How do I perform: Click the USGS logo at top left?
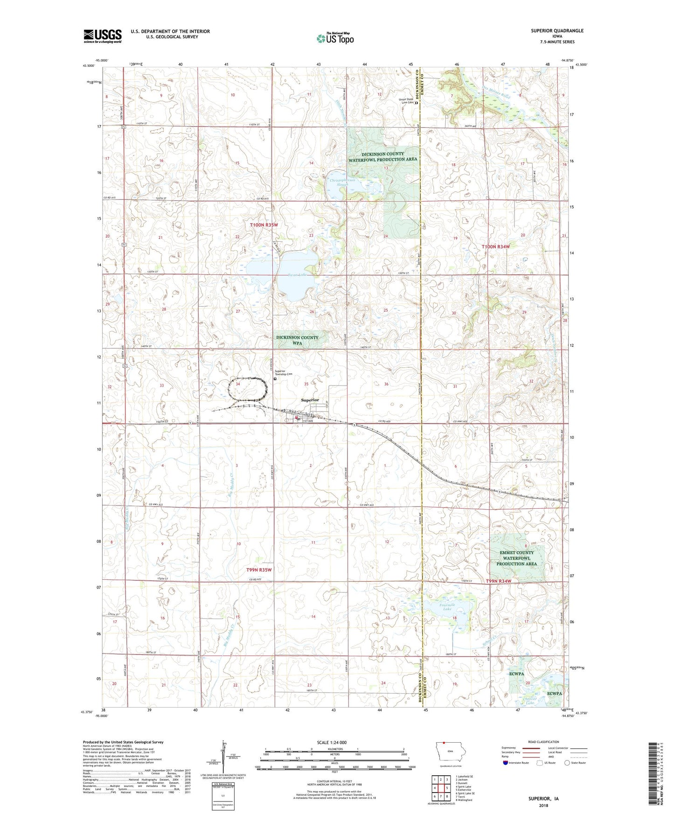[102, 36]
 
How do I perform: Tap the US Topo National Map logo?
[334, 38]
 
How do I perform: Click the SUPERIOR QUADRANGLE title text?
[557, 31]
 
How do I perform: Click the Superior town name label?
[310, 400]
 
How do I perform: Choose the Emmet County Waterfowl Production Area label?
[516, 558]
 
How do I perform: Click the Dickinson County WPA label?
[297, 340]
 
